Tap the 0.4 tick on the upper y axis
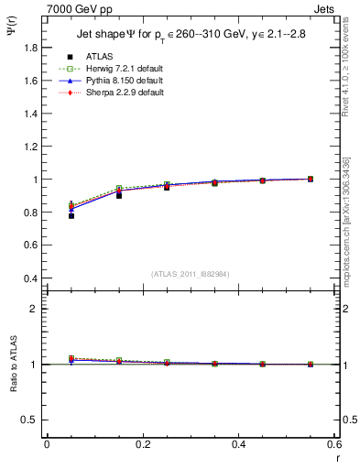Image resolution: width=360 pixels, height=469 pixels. [x=28, y=278]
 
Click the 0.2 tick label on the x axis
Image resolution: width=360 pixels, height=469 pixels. [x=142, y=443]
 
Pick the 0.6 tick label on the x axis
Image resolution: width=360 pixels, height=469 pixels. [x=333, y=443]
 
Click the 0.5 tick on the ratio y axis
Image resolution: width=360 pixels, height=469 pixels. [x=28, y=420]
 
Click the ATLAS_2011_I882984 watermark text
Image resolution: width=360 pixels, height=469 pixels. [x=190, y=273]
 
